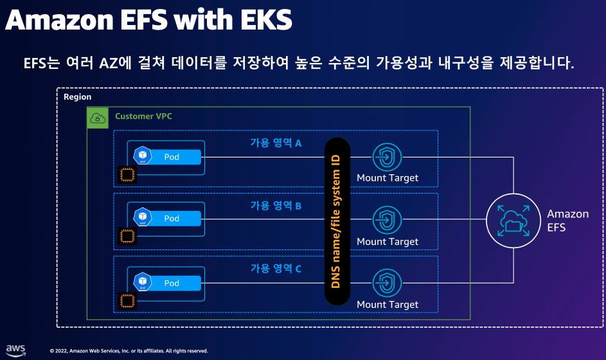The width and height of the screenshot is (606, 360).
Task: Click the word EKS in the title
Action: point(266,20)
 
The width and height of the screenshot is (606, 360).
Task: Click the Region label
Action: point(77,96)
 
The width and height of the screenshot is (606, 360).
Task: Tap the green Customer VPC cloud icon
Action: point(98,118)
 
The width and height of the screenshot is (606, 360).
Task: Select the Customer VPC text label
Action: point(143,116)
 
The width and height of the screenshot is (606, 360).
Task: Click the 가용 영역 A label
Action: point(276,143)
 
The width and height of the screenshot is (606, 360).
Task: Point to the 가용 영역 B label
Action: point(276,205)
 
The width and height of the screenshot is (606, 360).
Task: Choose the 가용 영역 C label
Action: point(276,268)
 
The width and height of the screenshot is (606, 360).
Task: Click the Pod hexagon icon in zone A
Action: point(143,156)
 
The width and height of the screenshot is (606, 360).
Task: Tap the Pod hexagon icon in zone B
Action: point(143,217)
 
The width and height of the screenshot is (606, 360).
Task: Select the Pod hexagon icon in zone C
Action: point(143,282)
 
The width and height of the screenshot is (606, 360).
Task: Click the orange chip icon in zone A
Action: point(127,175)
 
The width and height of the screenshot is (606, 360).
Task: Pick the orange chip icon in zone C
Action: point(127,301)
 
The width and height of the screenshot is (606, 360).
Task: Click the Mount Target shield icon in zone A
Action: point(387,157)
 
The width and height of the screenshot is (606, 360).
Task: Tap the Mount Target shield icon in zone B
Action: point(387,220)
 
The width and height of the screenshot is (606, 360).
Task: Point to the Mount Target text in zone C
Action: point(388,305)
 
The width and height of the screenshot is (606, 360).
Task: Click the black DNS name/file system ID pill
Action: point(337,222)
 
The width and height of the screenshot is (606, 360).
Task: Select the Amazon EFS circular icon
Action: point(513,221)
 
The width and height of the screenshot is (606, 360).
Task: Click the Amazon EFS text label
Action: point(567,221)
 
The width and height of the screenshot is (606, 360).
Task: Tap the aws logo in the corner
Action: point(16,350)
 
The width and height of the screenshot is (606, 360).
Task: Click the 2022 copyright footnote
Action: point(129,351)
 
